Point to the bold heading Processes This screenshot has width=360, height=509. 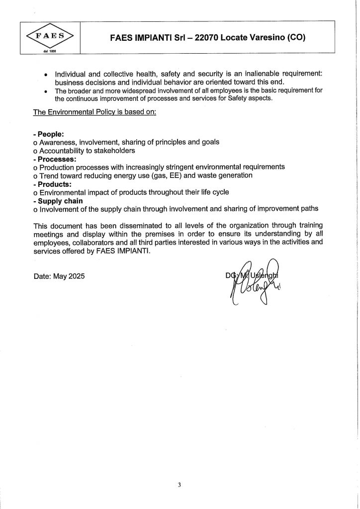click(x=55, y=159)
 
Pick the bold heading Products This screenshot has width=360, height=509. click(x=52, y=183)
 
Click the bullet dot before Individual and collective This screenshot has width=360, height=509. click(x=46, y=74)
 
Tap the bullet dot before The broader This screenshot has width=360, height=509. click(x=46, y=91)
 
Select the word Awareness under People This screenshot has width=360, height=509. click(x=58, y=142)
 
